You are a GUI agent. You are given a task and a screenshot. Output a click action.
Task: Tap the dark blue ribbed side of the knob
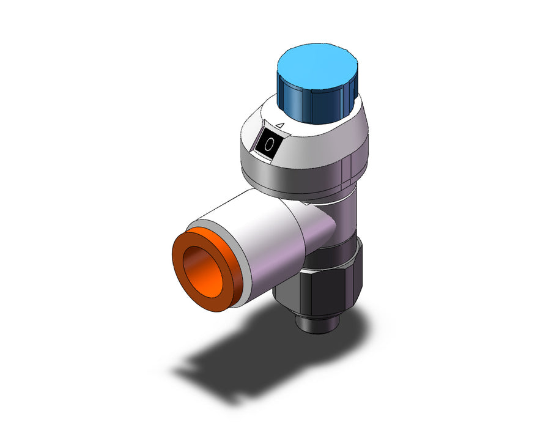coord(318,105)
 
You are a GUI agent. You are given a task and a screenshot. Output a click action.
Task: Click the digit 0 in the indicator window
coord(270,144)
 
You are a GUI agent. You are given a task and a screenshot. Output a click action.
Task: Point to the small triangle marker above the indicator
coord(280,125)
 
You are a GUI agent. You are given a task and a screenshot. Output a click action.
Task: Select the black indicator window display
coord(269,144)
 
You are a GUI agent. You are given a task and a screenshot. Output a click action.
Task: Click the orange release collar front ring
coord(207,269)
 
